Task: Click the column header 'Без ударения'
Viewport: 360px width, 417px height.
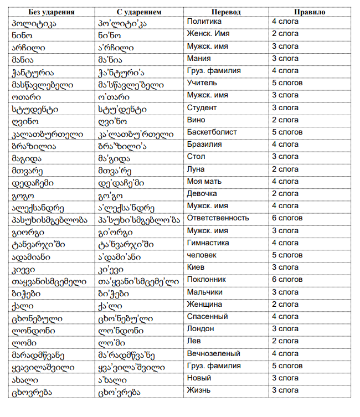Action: tap(52, 12)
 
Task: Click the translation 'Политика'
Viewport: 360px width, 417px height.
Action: tap(204, 22)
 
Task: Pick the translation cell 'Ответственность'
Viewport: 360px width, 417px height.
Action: tap(217, 218)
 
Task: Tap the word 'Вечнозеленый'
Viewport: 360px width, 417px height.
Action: tap(213, 354)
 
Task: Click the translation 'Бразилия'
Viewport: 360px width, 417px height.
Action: tap(204, 145)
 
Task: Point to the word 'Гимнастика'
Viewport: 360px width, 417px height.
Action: tap(208, 243)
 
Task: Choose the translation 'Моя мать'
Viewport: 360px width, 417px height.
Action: tap(204, 182)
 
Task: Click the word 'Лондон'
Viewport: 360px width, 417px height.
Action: tap(200, 329)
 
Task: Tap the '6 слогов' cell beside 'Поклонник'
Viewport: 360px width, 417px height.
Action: tap(287, 280)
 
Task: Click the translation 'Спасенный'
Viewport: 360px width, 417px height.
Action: tap(207, 317)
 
